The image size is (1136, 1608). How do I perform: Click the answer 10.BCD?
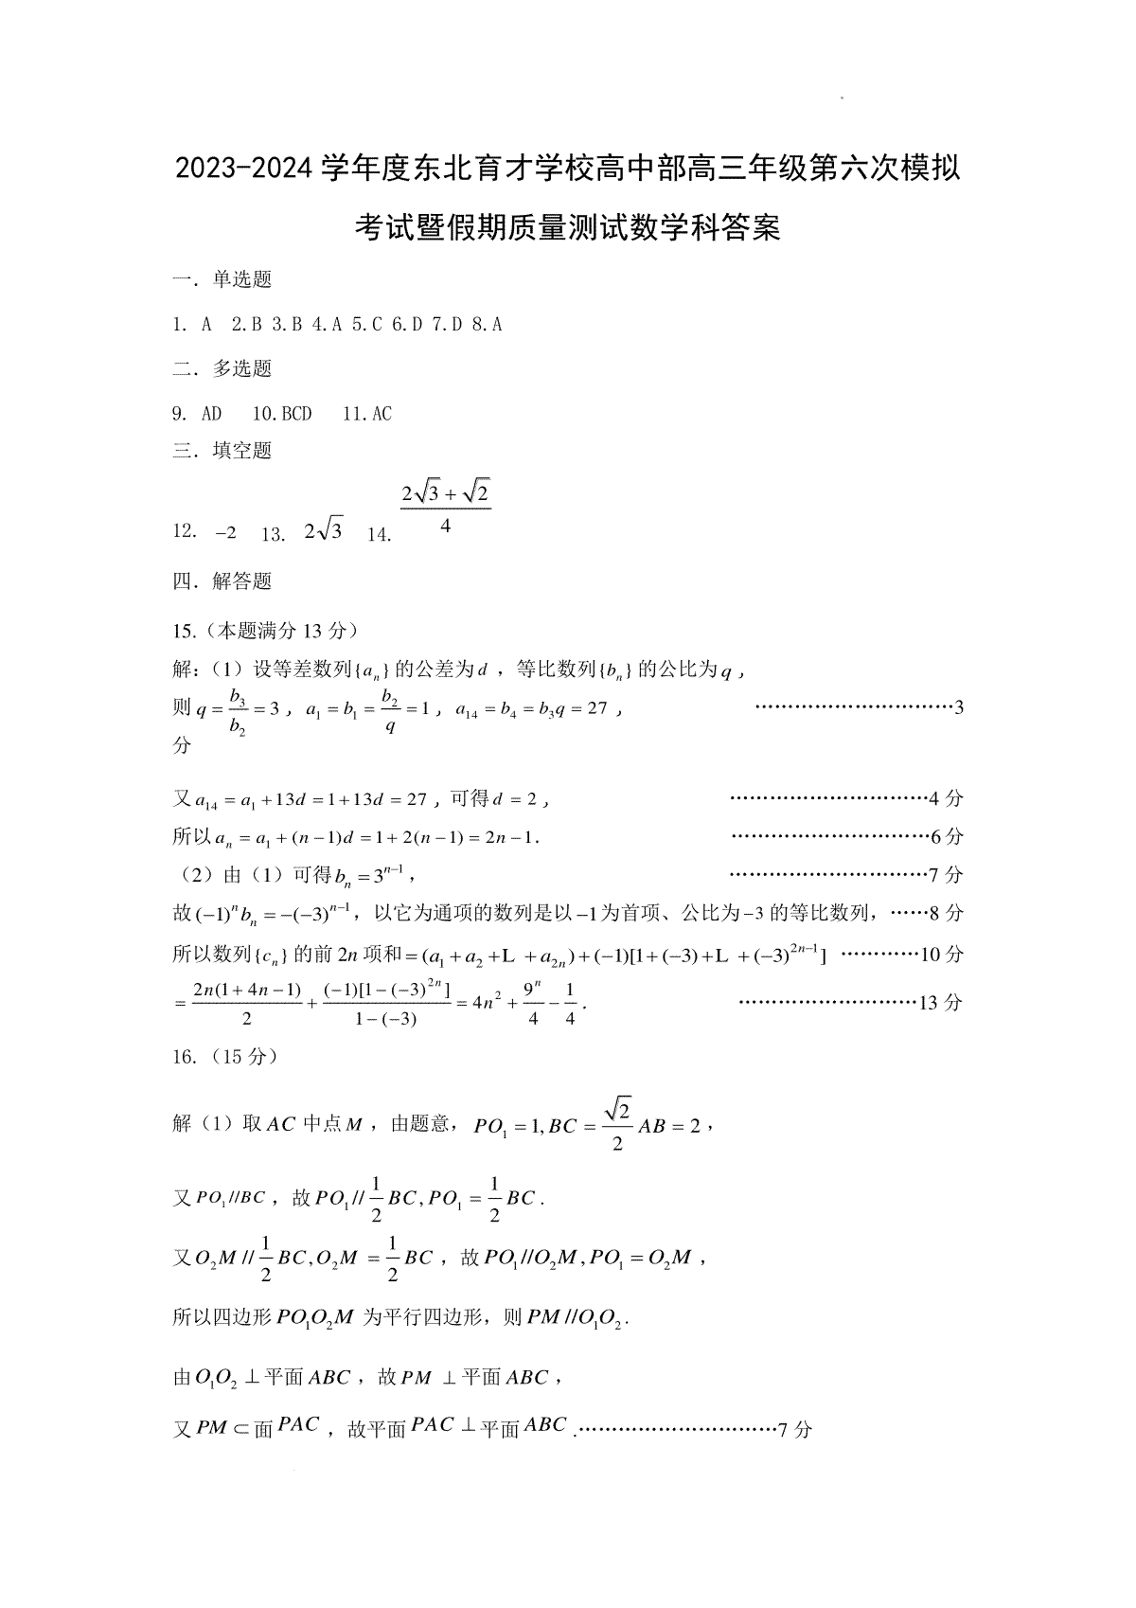[x=282, y=414]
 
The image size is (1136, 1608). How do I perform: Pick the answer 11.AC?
[x=367, y=414]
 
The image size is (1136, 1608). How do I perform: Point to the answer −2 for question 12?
[x=225, y=532]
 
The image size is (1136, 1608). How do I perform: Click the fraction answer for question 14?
[x=445, y=508]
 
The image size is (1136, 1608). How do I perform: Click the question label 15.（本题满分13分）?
[x=265, y=631]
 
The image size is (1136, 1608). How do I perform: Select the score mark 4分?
[x=946, y=798]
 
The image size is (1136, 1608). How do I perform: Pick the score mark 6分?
[x=946, y=836]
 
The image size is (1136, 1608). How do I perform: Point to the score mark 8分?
[x=946, y=913]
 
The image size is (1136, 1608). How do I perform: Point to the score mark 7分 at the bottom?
[x=794, y=1429]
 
